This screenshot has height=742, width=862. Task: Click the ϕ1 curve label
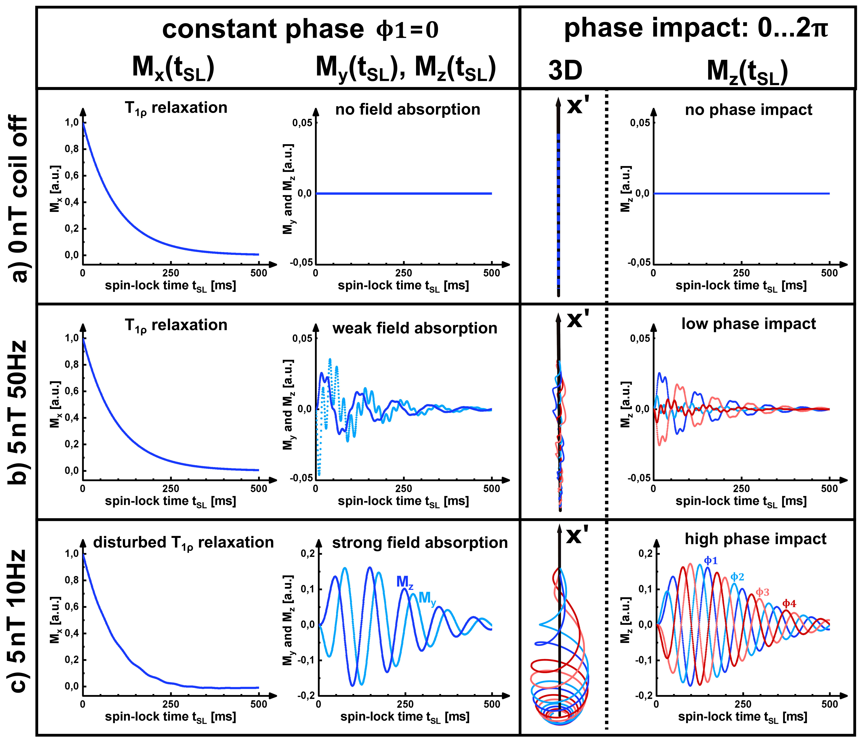click(x=711, y=561)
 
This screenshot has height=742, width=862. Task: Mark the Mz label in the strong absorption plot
click(x=404, y=582)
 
